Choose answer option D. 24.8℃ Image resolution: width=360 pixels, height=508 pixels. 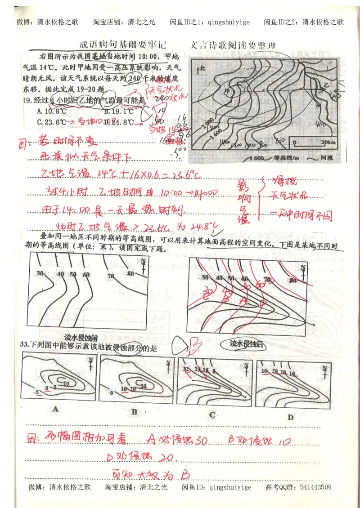point(118,122)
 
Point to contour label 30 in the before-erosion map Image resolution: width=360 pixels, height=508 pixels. point(40,273)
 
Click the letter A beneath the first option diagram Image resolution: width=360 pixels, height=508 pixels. point(55,409)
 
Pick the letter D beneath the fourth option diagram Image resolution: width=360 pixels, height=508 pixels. point(290,418)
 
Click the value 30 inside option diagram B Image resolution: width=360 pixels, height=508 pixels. point(144,386)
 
